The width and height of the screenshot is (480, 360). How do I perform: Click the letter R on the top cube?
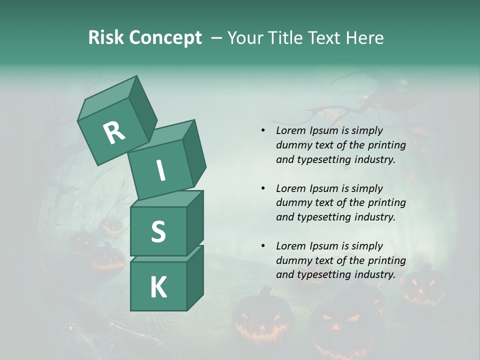click(114, 132)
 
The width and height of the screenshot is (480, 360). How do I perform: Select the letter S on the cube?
click(158, 231)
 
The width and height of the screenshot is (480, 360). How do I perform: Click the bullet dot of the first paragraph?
click(263, 131)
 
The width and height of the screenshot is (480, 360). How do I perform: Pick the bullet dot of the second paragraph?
click(263, 188)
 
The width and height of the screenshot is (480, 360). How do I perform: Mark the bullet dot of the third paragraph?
click(263, 246)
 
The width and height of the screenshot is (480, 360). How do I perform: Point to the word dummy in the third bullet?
click(292, 260)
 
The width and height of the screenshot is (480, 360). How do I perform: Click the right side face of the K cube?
click(195, 277)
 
